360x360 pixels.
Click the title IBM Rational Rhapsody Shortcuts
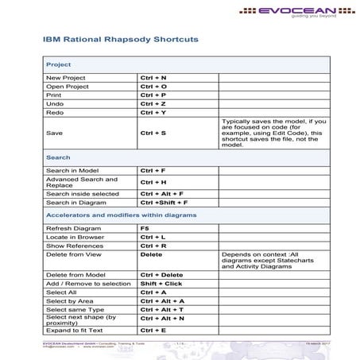coord(120,38)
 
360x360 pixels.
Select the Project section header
coord(59,64)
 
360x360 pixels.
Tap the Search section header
coord(58,157)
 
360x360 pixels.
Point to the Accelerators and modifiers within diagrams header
coord(121,215)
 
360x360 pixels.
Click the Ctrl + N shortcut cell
coord(153,77)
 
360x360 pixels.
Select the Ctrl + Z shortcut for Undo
coord(153,103)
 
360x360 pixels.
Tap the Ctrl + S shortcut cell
coord(153,133)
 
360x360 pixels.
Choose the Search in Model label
coord(72,170)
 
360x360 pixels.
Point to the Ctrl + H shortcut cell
coord(153,182)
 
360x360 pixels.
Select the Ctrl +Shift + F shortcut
coord(164,203)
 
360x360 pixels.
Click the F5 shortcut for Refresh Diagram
coord(145,228)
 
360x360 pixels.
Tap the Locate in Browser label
coord(75,237)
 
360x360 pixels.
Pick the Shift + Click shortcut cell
coord(161,283)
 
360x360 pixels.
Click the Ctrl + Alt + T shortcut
coord(162,309)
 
